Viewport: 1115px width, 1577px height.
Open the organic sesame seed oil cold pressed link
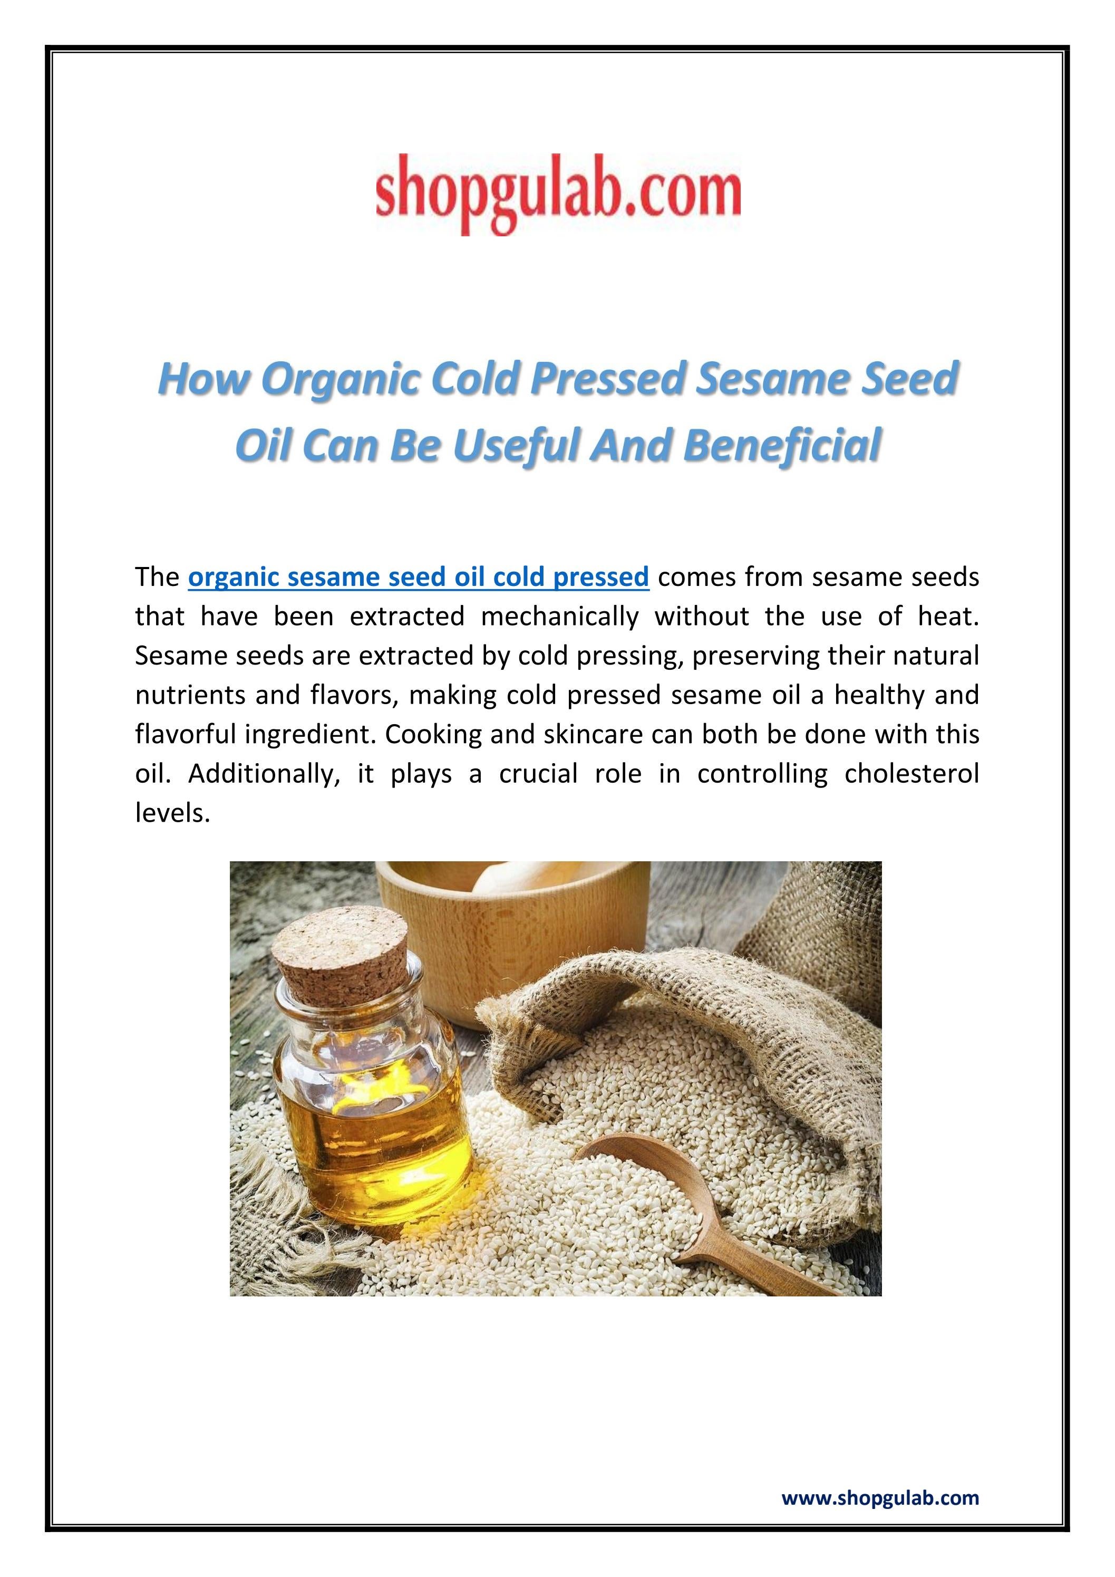418,577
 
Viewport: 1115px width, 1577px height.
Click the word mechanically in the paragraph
559,616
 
